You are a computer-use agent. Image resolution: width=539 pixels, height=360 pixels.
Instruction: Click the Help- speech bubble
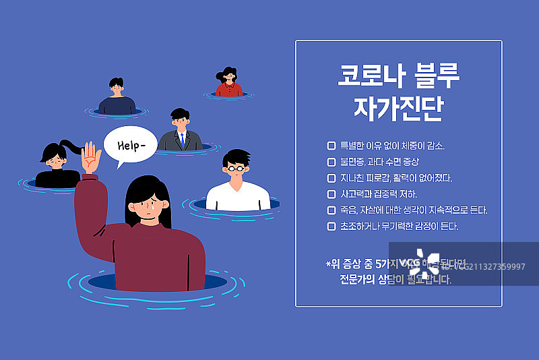coord(129,146)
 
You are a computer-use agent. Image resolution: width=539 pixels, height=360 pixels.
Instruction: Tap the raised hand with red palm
coord(90,159)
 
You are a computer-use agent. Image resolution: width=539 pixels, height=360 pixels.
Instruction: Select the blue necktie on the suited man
coord(181,140)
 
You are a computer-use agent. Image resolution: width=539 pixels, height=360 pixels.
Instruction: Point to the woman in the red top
coord(229,84)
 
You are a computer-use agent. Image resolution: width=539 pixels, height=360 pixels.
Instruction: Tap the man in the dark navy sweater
coord(117,97)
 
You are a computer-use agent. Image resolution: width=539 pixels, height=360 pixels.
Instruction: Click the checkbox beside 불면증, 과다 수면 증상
coord(331,162)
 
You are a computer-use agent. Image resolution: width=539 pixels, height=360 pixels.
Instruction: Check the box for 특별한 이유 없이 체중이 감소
coord(331,146)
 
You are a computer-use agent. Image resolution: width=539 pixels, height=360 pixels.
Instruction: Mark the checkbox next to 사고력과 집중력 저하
coord(331,194)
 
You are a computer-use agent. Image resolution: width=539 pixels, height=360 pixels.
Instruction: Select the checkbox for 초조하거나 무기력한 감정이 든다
coord(331,227)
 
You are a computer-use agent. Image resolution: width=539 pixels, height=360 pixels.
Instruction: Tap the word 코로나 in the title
coord(369,76)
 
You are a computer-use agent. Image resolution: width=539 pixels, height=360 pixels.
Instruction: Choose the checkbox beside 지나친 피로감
coord(331,178)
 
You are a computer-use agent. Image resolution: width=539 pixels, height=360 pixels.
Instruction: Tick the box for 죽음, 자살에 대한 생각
coord(331,210)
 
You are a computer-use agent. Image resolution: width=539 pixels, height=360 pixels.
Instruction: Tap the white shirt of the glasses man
coord(239,198)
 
